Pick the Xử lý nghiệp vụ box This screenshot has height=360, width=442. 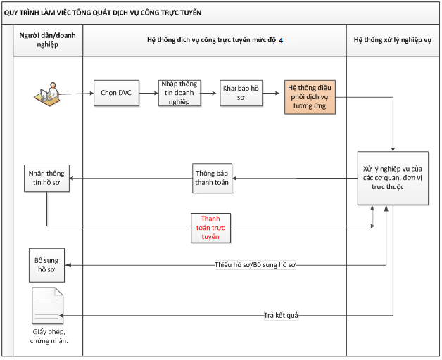(391, 179)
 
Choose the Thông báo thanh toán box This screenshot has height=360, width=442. (213, 179)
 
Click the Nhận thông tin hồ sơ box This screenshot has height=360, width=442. (46, 178)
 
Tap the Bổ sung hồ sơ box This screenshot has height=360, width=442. (46, 265)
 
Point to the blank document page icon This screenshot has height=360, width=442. (47, 306)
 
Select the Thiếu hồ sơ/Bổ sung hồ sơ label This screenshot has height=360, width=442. (255, 265)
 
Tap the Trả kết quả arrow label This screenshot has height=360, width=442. (282, 315)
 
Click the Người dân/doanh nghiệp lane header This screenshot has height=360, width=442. (49, 41)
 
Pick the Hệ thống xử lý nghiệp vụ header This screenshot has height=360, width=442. (393, 41)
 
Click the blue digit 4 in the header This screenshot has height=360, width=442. (281, 41)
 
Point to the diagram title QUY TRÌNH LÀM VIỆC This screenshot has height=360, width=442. (103, 13)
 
